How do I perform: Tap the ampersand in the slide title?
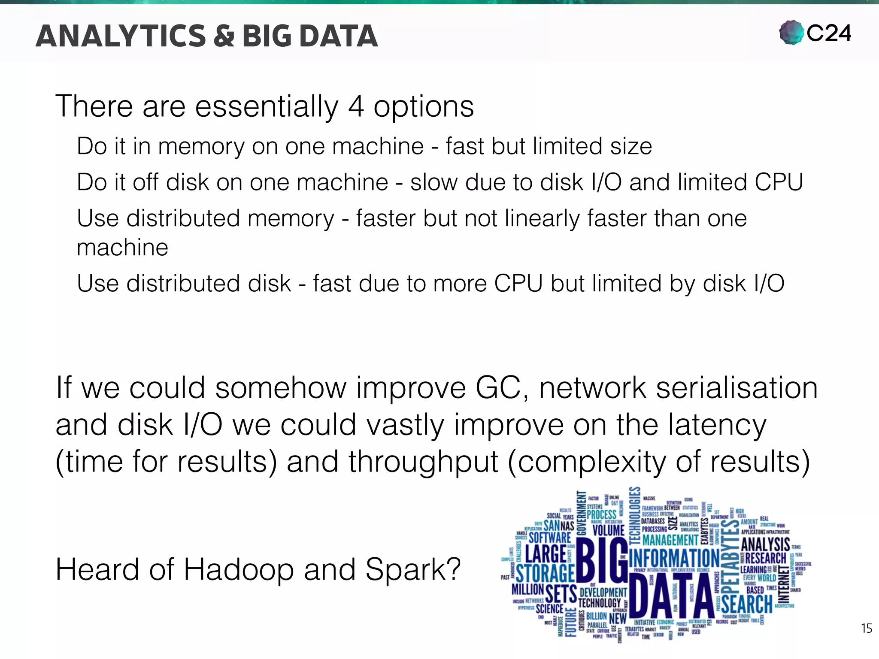224,36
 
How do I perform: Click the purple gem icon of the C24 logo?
791,33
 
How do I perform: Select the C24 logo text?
829,33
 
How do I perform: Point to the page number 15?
866,629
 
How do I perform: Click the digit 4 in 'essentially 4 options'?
356,106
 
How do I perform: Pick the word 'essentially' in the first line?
267,107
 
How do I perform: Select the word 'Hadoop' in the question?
239,570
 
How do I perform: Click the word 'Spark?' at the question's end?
413,570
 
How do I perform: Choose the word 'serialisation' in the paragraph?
737,388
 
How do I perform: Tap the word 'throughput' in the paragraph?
423,463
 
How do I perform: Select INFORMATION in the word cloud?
674,558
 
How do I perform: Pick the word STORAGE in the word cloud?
545,573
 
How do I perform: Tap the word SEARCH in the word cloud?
747,604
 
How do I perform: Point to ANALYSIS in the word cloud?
765,544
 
